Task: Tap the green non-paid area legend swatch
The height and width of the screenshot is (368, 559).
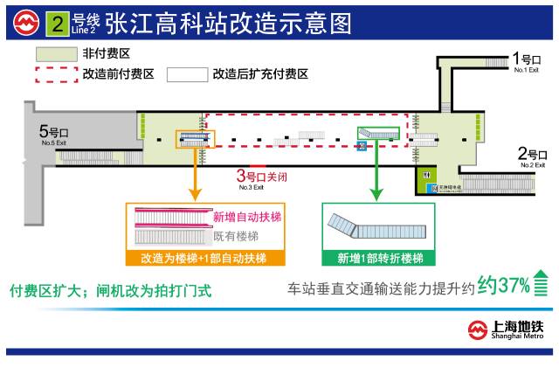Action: click(55, 54)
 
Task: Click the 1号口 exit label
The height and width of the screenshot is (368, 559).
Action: click(522, 61)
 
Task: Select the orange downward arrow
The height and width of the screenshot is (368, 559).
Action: click(195, 173)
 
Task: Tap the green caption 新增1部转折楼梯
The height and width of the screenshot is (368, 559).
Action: click(380, 259)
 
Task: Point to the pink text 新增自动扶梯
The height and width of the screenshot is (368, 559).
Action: click(247, 217)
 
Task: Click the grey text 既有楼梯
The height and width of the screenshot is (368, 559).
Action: click(230, 236)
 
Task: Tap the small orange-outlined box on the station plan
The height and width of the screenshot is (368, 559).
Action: click(195, 136)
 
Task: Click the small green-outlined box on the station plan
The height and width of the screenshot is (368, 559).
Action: click(377, 133)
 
